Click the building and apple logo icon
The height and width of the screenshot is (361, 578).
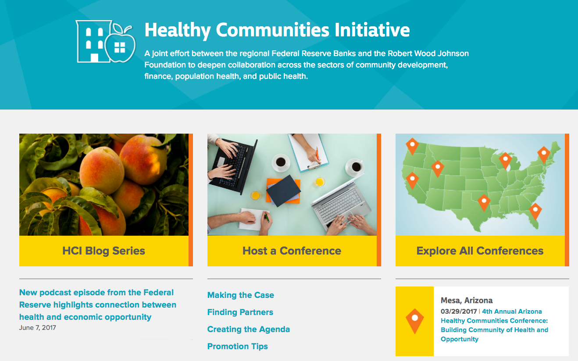coord(106,42)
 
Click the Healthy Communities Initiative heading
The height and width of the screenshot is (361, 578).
coord(277,30)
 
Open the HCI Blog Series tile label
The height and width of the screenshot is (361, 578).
coord(104,251)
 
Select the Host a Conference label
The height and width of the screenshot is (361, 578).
coord(292,251)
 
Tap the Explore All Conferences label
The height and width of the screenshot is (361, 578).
coord(480,251)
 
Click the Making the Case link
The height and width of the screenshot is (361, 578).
coord(240,295)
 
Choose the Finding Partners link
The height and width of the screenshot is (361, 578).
coord(240,312)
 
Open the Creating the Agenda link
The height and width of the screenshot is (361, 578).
coord(249,329)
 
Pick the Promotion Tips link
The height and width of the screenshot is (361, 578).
coord(237,346)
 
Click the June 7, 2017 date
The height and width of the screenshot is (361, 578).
coord(37,328)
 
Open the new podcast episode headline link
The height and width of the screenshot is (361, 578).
coord(97,305)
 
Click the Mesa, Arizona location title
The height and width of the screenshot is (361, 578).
coord(467,301)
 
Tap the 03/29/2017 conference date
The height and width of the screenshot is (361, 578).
coord(459,311)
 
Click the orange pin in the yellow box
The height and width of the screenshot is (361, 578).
coord(415,321)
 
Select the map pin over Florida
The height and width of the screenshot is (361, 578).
coord(535,211)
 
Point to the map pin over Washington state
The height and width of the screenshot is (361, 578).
coord(412,146)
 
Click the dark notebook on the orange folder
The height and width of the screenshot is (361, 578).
coord(283,191)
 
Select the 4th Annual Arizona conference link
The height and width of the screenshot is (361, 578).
coord(494,325)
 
